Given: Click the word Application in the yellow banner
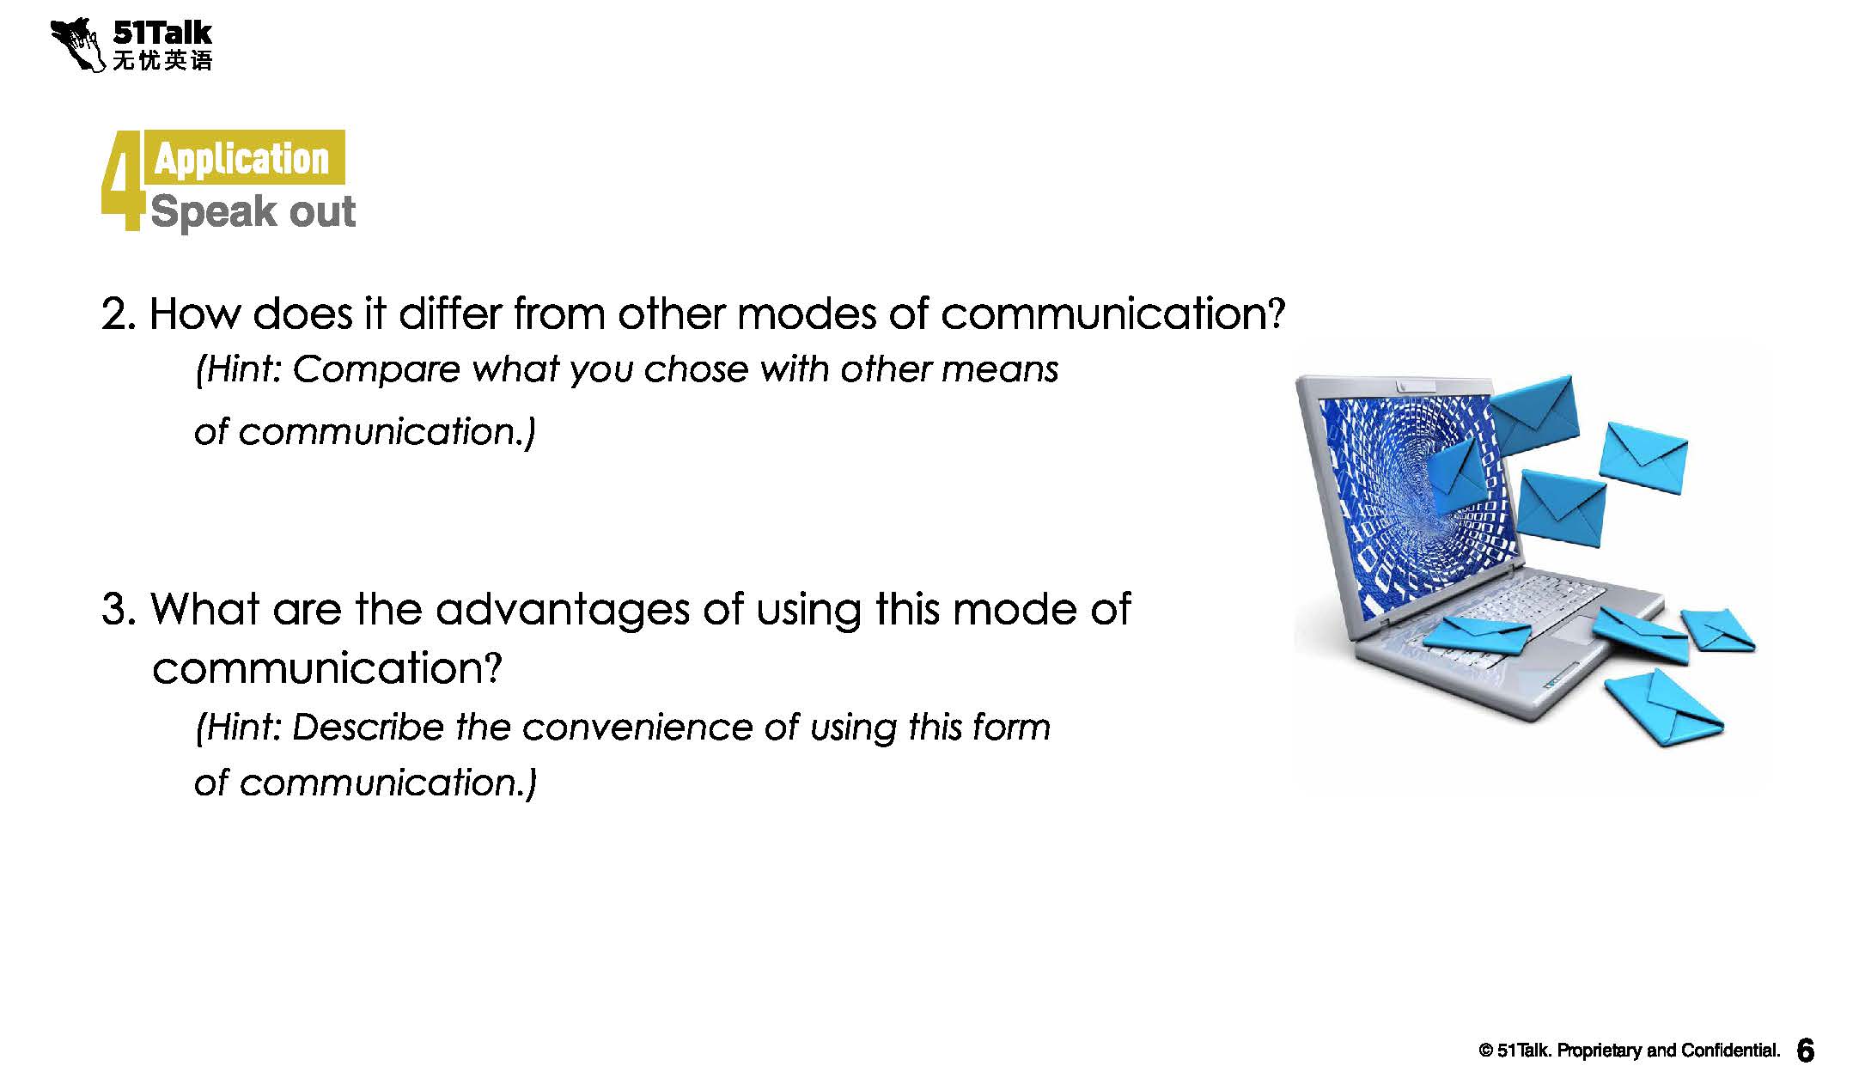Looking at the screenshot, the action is (241, 159).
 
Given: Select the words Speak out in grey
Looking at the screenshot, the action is (253, 211).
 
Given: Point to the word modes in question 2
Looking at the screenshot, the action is (806, 313).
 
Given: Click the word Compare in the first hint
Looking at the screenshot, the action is (377, 370).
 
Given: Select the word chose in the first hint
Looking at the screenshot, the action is (696, 369).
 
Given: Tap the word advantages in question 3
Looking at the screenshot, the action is (563, 611).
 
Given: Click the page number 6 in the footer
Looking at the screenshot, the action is (1806, 1050).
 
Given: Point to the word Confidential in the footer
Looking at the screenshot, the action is (1729, 1051).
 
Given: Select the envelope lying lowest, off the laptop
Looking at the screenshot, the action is (1663, 706).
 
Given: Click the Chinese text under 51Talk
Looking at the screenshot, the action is (162, 60).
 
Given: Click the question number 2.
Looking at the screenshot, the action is (118, 314).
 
